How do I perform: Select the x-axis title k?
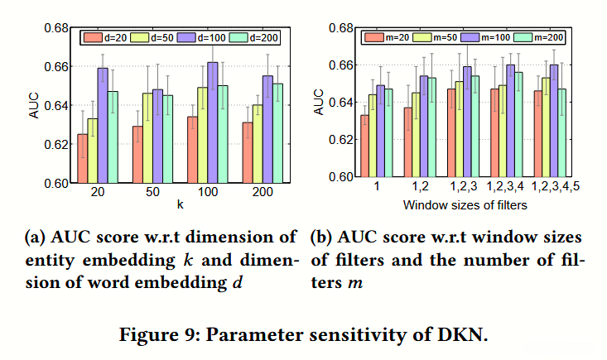click(x=180, y=204)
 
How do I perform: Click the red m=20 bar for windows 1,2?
click(x=407, y=142)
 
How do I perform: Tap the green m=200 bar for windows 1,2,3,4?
click(x=519, y=124)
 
